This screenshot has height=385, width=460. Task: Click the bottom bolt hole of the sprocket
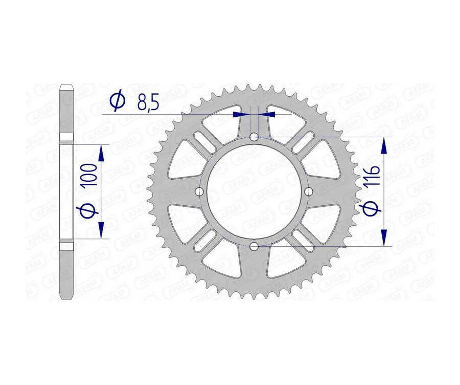click(254, 247)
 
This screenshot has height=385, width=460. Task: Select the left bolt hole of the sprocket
click(199, 191)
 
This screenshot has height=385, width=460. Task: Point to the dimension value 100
click(93, 176)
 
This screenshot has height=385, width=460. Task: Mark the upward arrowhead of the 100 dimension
click(101, 152)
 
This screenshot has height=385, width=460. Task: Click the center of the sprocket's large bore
click(254, 191)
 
